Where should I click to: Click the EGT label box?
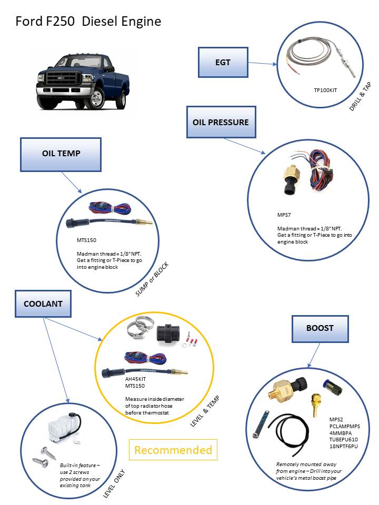[x=223, y=62]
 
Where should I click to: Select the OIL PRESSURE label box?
[x=221, y=122]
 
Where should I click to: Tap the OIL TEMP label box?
[x=61, y=154]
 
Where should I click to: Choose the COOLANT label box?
[x=43, y=304]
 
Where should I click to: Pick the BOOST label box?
[x=320, y=328]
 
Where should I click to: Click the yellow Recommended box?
[x=173, y=450]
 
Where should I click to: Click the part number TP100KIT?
[x=325, y=90]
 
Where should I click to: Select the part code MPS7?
[x=285, y=215]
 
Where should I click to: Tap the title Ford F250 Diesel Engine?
[x=88, y=22]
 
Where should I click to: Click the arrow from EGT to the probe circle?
[x=262, y=64]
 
